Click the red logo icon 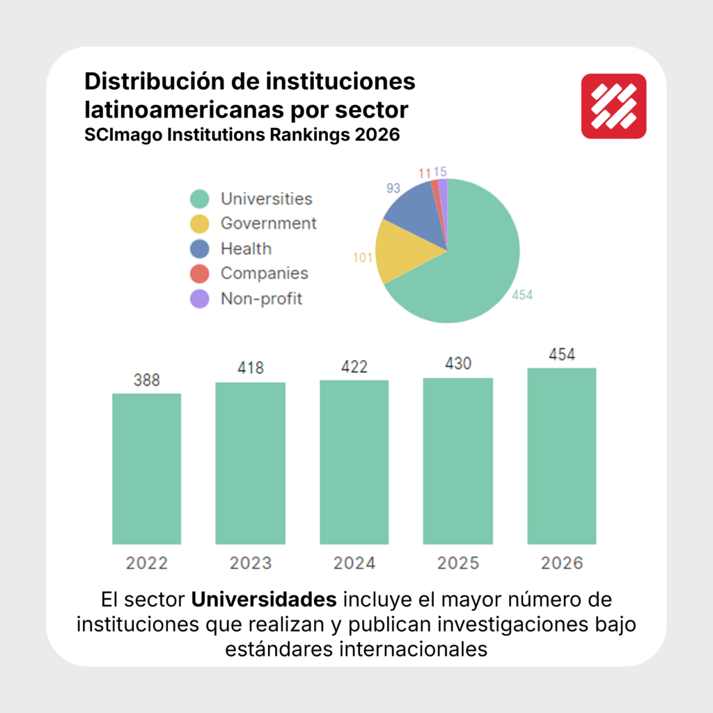click(613, 106)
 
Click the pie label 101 click(363, 258)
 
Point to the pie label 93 click(393, 188)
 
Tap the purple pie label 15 click(440, 171)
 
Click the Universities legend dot click(200, 199)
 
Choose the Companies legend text click(264, 274)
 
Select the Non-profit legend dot click(200, 299)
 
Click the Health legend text click(246, 249)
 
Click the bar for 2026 click(562, 455)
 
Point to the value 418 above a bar click(250, 368)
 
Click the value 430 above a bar click(457, 363)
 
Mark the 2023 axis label click(250, 563)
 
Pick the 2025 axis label click(457, 563)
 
